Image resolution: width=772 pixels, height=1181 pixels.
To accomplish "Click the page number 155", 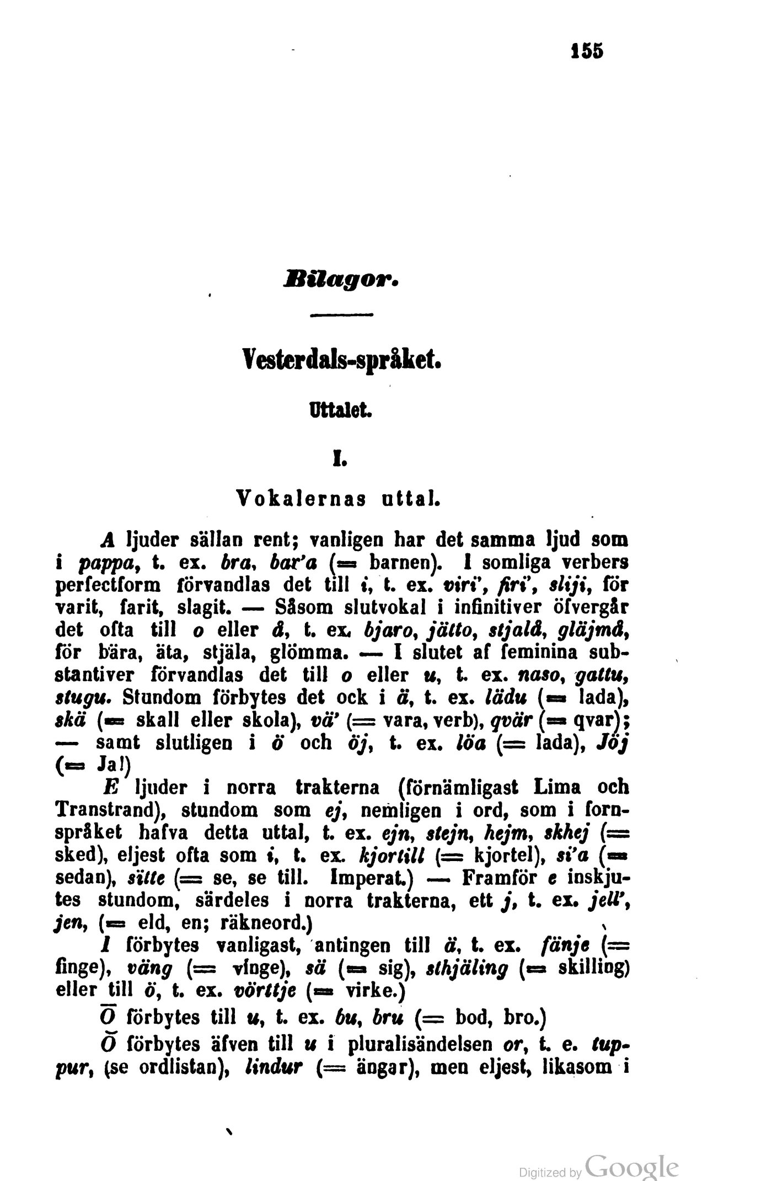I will point(587,51).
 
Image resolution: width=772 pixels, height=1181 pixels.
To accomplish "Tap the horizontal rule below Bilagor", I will point(342,315).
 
